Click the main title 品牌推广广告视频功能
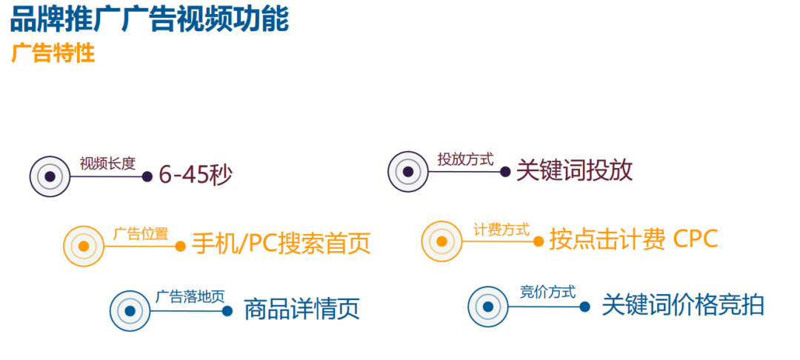149,19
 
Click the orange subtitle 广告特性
53,54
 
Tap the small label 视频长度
107,164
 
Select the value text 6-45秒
196,176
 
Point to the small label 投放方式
465,159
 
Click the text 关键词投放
574,171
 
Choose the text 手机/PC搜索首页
281,244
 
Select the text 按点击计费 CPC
633,240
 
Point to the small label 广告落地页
190,297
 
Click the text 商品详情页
301,309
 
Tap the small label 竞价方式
547,293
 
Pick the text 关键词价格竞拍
682,305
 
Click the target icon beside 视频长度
50,176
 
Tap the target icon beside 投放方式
408,172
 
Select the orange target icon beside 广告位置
84,246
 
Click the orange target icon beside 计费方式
442,241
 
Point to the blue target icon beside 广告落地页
130,311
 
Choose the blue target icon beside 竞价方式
488,306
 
